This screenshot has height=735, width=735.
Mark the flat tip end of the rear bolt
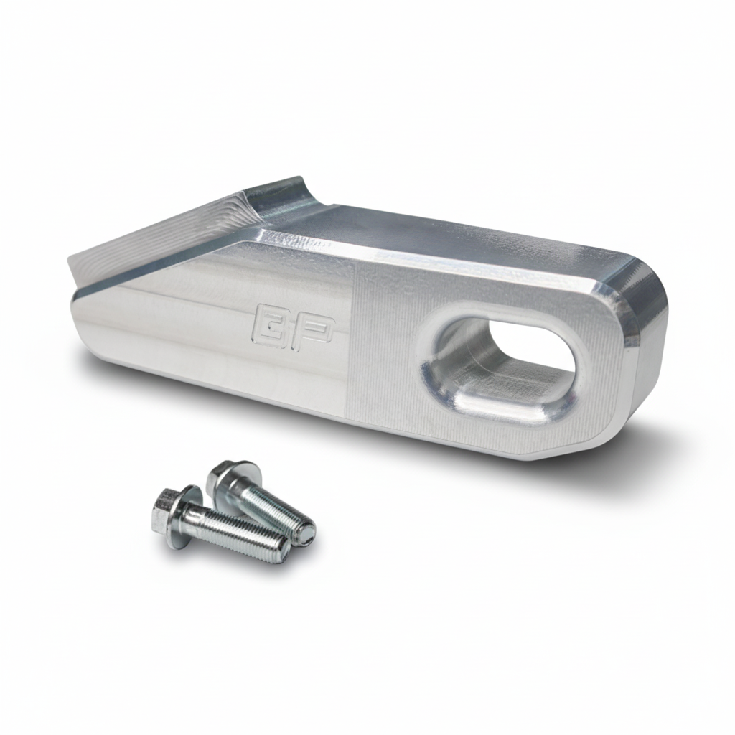pos(306,532)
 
